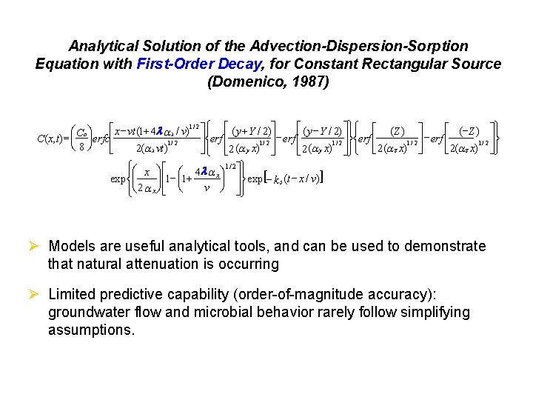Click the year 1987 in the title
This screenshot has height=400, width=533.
click(x=305, y=81)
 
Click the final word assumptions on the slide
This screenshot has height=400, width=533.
click(x=91, y=330)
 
